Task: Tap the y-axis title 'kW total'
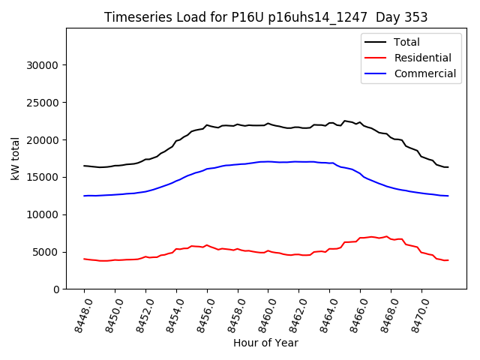(x=15, y=158)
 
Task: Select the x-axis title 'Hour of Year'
(x=265, y=343)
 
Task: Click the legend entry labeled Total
(x=406, y=42)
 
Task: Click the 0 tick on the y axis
(x=56, y=289)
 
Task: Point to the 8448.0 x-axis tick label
(x=79, y=313)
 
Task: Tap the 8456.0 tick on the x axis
(x=202, y=313)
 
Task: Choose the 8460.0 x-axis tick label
(x=264, y=313)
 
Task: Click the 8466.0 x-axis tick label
(x=355, y=313)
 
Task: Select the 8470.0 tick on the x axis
(x=417, y=313)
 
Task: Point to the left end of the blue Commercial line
(x=84, y=196)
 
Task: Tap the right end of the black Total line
(x=448, y=167)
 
